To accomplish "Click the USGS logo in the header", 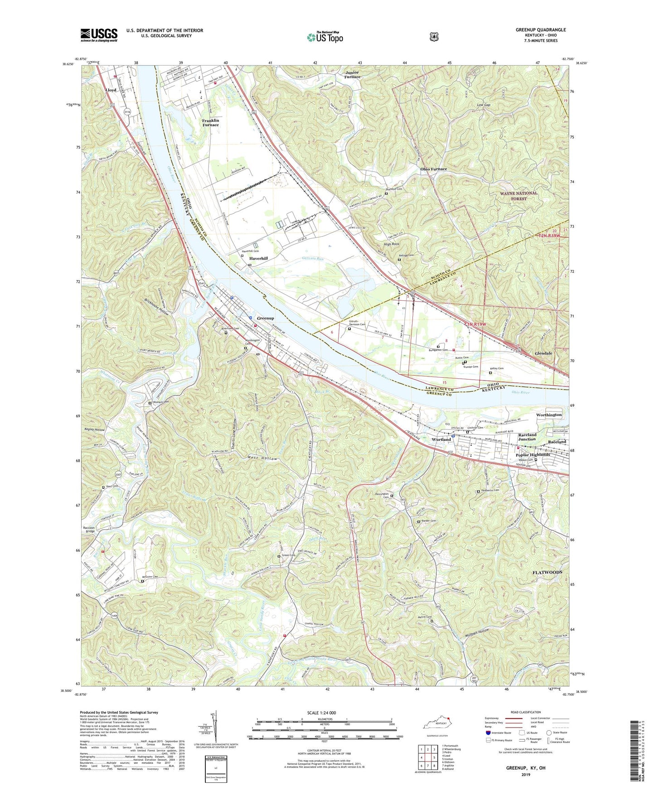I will click(x=99, y=35).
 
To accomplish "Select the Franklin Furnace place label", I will click(x=210, y=122).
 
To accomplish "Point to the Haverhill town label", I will click(x=258, y=258).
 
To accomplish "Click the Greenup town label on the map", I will click(x=265, y=318).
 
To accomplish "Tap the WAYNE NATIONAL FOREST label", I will click(x=519, y=196).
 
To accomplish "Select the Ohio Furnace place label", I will click(x=433, y=169).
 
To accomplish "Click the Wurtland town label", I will click(x=441, y=439).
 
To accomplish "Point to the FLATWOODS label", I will click(x=547, y=572).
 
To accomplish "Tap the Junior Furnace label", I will click(x=352, y=74).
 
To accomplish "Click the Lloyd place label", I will click(x=111, y=90).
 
